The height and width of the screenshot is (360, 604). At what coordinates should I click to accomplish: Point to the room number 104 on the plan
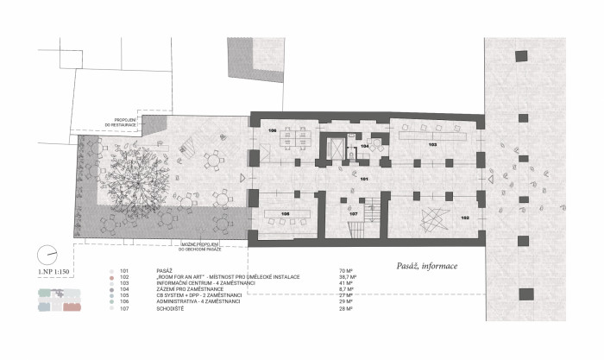[x=365, y=148]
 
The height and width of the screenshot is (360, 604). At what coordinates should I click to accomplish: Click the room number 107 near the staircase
[x=353, y=212]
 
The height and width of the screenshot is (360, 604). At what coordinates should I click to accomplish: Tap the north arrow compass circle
[x=47, y=256]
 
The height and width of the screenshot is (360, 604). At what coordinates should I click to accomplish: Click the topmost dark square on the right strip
[x=520, y=56]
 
